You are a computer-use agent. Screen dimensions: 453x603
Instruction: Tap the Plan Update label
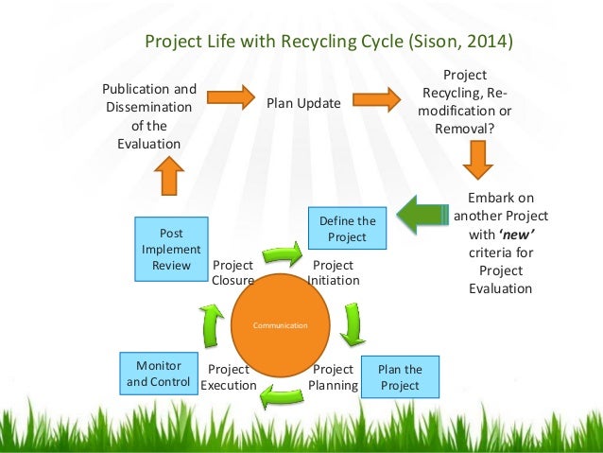point(302,103)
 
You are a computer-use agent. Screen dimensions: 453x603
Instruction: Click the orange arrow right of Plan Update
point(376,97)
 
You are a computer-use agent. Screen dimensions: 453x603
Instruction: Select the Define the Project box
point(347,228)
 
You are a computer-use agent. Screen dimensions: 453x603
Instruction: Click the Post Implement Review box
point(171,250)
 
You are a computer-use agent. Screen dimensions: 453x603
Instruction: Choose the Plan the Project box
point(400,377)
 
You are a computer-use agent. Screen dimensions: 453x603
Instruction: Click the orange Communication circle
point(280,324)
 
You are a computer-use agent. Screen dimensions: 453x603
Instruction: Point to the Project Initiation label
point(333,273)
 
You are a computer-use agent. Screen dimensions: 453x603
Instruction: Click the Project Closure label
point(233,273)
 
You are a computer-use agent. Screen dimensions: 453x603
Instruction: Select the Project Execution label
point(229,377)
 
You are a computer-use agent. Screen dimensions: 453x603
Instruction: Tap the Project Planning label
point(333,377)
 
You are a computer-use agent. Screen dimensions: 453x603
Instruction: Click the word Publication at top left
point(149,90)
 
